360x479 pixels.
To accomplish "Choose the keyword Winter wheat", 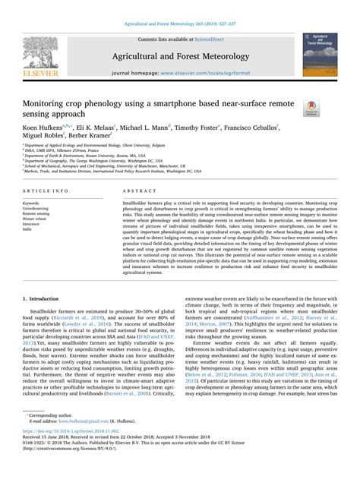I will [36, 219].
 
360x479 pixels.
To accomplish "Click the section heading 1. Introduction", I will [45, 279].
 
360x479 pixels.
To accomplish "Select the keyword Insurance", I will [33, 225].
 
